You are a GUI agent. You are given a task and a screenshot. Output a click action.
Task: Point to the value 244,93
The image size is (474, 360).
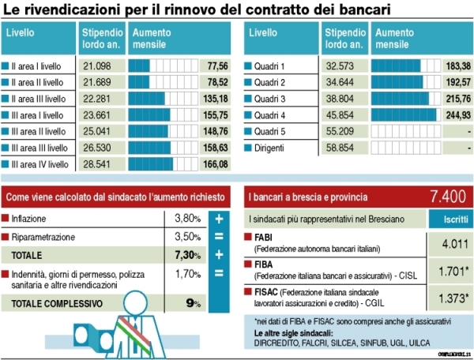pyautogui.click(x=457, y=115)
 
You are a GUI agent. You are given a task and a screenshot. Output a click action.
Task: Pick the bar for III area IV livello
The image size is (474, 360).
pyautogui.click(x=151, y=164)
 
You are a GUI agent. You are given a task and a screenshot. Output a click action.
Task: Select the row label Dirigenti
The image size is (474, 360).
pyautogui.click(x=271, y=148)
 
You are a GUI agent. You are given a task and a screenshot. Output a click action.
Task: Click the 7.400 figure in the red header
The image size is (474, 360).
pyautogui.click(x=446, y=195)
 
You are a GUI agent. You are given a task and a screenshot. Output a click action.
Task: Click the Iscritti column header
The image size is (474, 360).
pyautogui.click(x=449, y=217)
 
